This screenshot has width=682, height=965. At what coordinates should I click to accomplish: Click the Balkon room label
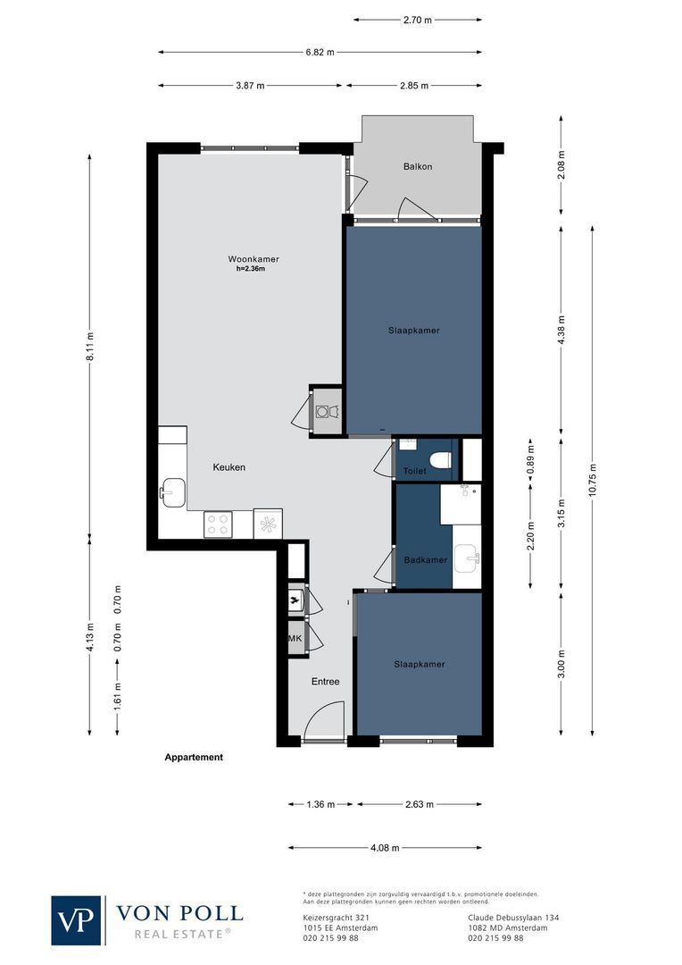pyautogui.click(x=418, y=167)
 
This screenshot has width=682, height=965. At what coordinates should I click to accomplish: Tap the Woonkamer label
pyautogui.click(x=246, y=259)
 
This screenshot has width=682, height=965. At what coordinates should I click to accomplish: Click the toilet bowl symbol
pyautogui.click(x=439, y=460)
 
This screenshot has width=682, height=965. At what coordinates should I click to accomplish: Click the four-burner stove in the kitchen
pyautogui.click(x=218, y=523)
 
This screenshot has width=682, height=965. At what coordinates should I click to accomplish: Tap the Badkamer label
pyautogui.click(x=425, y=560)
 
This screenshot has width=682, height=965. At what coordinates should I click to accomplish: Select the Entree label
pyautogui.click(x=325, y=682)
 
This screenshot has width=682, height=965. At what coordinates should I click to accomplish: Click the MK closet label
pyautogui.click(x=294, y=639)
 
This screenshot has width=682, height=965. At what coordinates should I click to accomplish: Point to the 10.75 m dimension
pyautogui.click(x=593, y=482)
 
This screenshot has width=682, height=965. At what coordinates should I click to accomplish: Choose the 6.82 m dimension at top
pyautogui.click(x=319, y=53)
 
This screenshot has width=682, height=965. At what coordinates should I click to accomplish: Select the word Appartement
pyautogui.click(x=194, y=757)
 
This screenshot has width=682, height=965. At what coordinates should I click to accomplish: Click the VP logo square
pyautogui.click(x=78, y=919)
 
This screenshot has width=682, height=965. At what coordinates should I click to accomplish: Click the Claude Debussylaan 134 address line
pyautogui.click(x=513, y=917)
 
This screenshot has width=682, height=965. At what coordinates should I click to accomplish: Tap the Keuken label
pyautogui.click(x=229, y=467)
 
